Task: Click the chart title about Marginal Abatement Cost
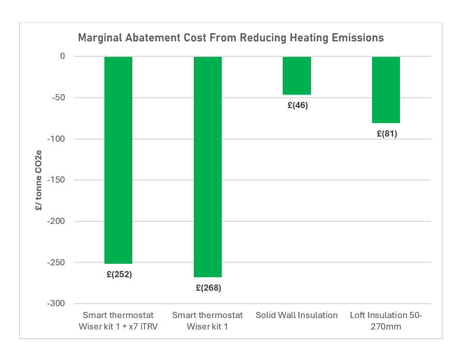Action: [x=230, y=38]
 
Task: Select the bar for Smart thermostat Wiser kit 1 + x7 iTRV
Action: [x=118, y=160]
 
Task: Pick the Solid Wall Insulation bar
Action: [x=297, y=76]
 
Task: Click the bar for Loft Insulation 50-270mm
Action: [x=386, y=89]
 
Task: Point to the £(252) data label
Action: [x=118, y=274]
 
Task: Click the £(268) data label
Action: [x=208, y=288]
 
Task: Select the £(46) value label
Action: [x=297, y=105]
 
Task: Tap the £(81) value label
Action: [x=387, y=133]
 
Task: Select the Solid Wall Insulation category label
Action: [x=297, y=315]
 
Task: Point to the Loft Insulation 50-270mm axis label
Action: [x=386, y=320]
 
